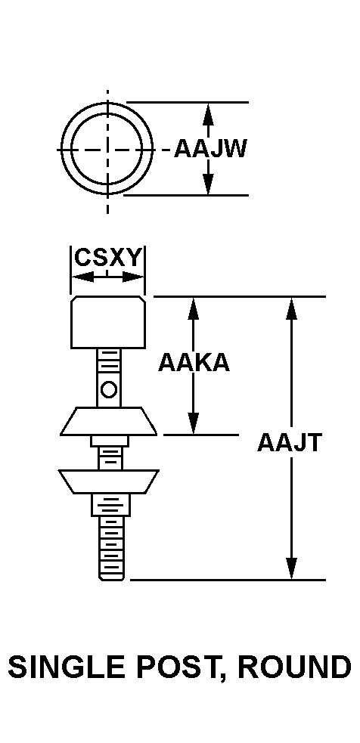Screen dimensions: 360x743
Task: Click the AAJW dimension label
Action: coord(210,149)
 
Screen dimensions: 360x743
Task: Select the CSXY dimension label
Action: coord(109,259)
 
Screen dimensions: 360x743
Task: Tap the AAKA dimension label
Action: coord(194,363)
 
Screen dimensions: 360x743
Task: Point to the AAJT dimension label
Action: coord(290,443)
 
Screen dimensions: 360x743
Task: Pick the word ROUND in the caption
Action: coord(294,667)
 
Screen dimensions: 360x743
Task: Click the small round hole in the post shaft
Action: coord(109,389)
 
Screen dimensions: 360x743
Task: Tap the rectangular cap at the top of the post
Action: coord(108,322)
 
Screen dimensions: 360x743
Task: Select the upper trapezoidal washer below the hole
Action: coord(108,421)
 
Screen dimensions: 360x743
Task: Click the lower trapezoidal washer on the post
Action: coord(108,482)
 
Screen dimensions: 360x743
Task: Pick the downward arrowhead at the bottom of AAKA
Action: coord(193,423)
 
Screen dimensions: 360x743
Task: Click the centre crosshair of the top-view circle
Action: coord(107,150)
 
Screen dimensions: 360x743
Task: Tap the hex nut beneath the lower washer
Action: coord(110,505)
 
